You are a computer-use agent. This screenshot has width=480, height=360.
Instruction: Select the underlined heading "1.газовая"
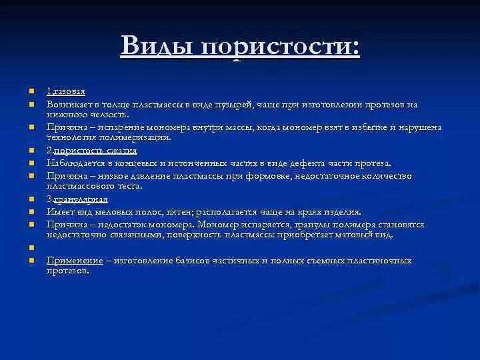coord(65,91)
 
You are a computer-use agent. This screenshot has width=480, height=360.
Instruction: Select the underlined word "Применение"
coord(75,260)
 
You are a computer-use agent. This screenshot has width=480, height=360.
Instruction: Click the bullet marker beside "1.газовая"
coord(31,91)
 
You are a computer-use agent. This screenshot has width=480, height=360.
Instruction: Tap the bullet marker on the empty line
coord(31,248)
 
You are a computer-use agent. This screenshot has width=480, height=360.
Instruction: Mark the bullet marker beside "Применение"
coord(31,261)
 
